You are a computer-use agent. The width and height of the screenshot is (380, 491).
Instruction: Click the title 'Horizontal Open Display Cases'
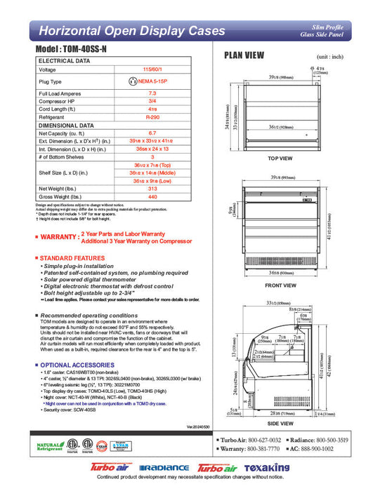131,31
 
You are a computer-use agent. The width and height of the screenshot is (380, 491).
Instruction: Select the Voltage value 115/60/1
152,69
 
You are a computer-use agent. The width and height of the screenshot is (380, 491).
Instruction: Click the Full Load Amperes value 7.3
152,93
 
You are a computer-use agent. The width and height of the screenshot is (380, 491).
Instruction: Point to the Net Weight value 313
152,188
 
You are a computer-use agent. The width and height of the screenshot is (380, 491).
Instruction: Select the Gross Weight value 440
152,196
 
